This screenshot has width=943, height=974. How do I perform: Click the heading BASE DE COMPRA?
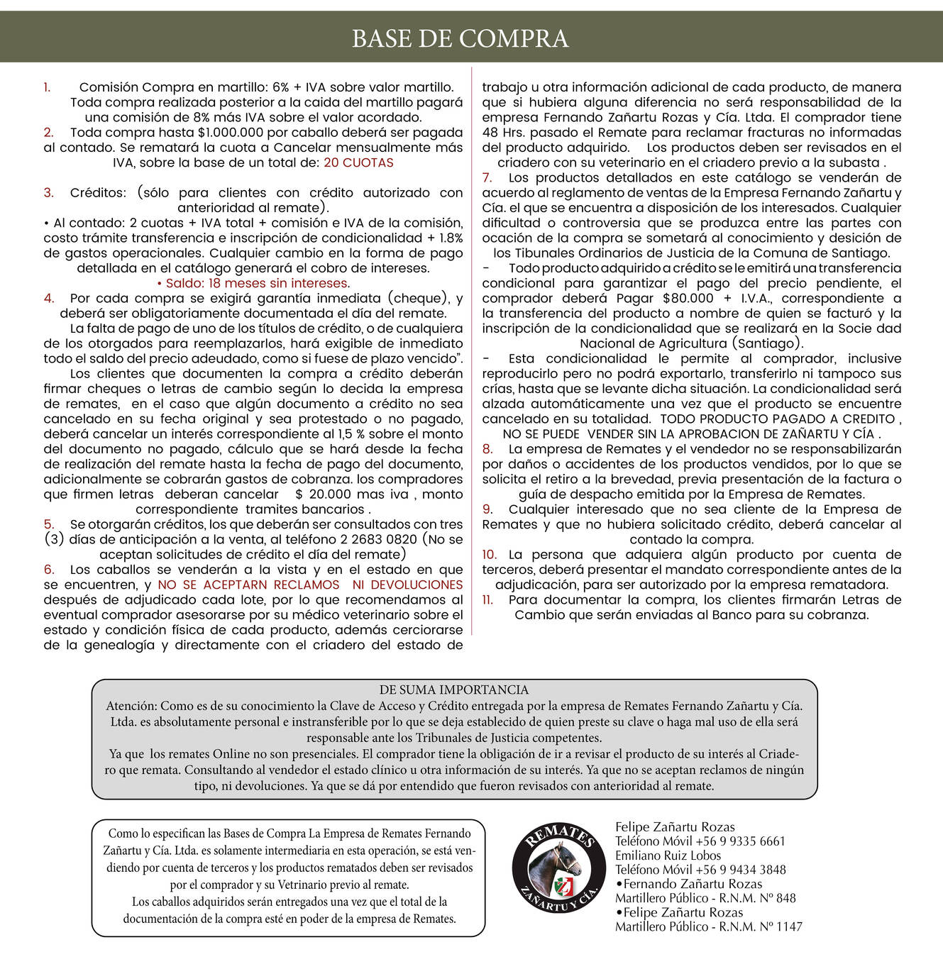coord(460,38)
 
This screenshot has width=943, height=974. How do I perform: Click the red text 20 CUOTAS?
coord(358,162)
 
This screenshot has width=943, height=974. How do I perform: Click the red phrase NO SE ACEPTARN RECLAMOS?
coord(248,585)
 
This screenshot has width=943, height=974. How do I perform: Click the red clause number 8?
coord(487,449)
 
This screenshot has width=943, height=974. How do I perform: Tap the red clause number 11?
coord(487,599)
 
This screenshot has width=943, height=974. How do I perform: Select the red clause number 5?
coord(48,524)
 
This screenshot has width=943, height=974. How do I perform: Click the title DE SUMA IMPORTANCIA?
coord(454,690)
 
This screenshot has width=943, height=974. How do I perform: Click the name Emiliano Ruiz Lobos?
coord(668,856)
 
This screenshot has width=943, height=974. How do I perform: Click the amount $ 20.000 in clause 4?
coord(323,494)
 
